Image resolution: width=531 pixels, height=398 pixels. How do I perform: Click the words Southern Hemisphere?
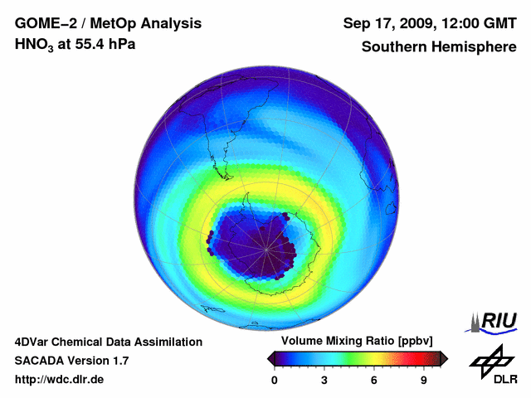tap(439, 46)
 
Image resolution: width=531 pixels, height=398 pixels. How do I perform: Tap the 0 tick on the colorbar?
tap(275, 380)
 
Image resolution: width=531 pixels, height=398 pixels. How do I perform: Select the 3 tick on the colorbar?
tap(324, 380)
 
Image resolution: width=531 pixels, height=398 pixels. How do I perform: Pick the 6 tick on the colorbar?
tap(374, 380)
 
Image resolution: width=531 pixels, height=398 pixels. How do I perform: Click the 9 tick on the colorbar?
tap(423, 380)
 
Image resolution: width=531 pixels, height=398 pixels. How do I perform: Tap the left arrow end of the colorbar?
tap(270, 357)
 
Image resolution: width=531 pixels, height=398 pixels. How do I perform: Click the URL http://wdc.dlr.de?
tap(60, 380)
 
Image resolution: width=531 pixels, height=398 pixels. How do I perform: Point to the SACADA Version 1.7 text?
tap(71, 361)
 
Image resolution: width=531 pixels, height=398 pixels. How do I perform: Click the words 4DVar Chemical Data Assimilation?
tap(108, 342)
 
